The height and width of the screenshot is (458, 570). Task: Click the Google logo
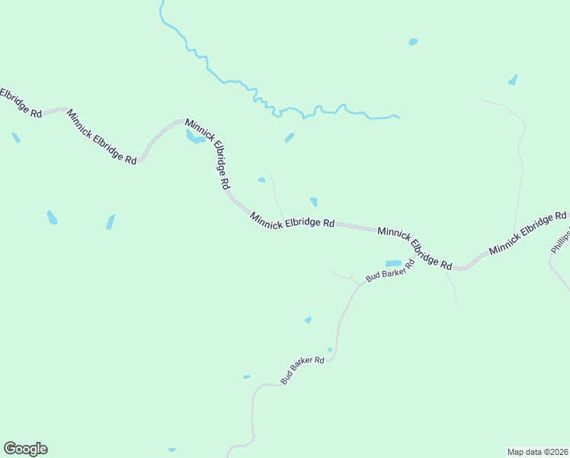click(25, 449)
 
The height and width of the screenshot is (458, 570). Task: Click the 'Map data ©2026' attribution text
click(537, 451)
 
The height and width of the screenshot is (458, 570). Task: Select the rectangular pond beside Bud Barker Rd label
click(393, 263)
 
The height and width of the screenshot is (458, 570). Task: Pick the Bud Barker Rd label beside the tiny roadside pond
click(303, 370)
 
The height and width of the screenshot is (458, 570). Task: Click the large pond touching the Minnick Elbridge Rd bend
click(194, 137)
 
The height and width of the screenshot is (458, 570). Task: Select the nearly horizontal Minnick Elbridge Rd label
click(293, 221)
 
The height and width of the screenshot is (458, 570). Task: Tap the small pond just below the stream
click(290, 138)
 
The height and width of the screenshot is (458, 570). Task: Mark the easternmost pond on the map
click(513, 79)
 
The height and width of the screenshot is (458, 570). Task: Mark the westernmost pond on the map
click(15, 137)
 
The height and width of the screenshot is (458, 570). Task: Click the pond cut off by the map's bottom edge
click(172, 450)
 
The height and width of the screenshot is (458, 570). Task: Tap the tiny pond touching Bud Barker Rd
click(330, 350)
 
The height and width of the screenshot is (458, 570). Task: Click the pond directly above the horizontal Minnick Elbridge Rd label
click(314, 202)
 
